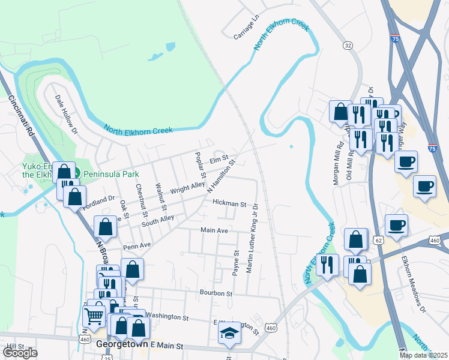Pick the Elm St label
coord(219,160)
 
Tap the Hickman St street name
coord(229,204)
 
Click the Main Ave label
coord(214,230)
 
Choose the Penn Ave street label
coord(137,245)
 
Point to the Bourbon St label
coord(216,293)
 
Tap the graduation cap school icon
coord(229,332)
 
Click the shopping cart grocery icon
coord(94,316)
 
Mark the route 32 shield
coord(348,46)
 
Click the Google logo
coord(20,353)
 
